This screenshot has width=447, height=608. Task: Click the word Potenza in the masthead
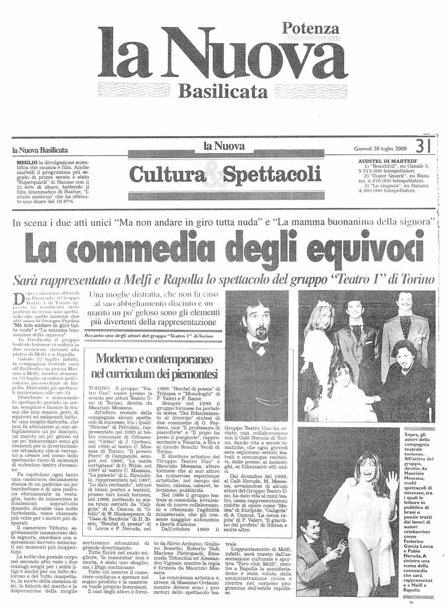click(x=310, y=29)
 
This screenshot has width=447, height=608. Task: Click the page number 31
click(x=422, y=147)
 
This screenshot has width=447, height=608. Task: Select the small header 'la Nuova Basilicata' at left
click(x=40, y=150)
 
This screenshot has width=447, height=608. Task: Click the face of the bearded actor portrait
click(x=258, y=321)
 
